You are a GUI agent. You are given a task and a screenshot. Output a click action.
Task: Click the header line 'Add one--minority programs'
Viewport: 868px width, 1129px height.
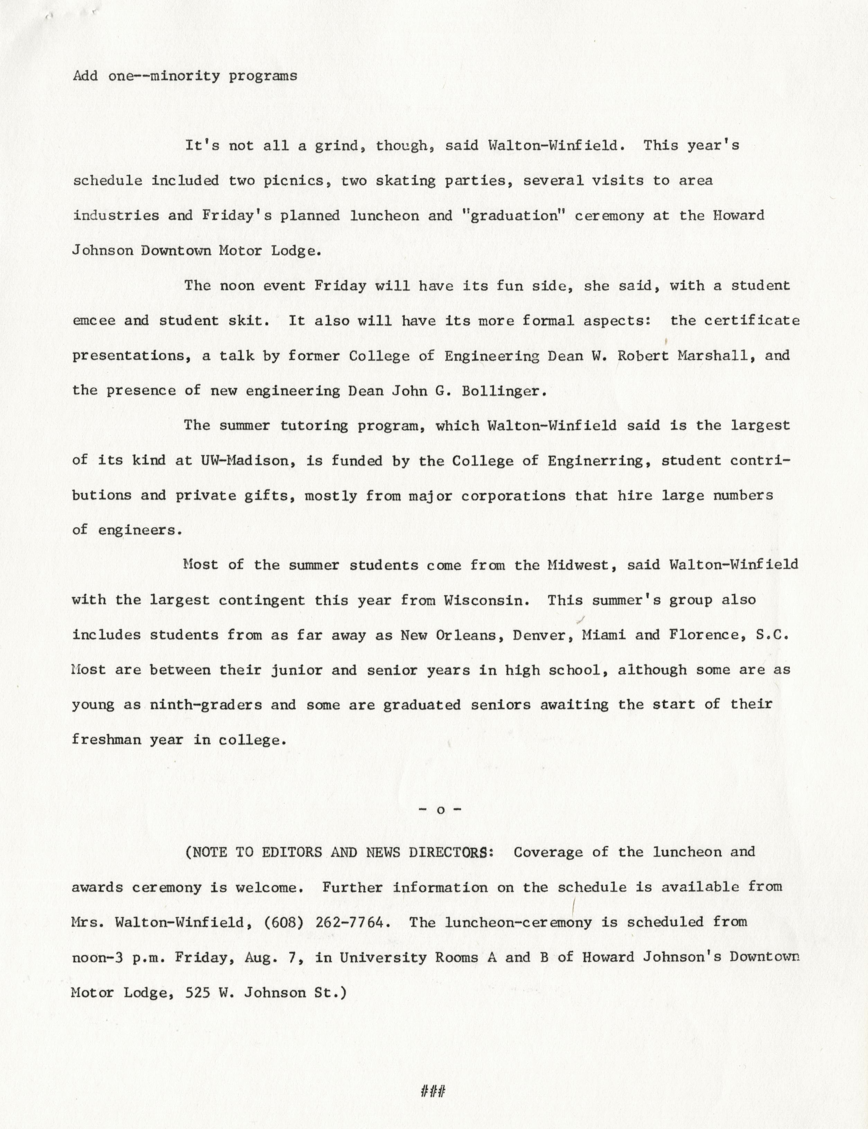(185, 76)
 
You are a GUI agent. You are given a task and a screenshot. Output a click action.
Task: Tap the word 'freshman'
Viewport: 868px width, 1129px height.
(106, 740)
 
